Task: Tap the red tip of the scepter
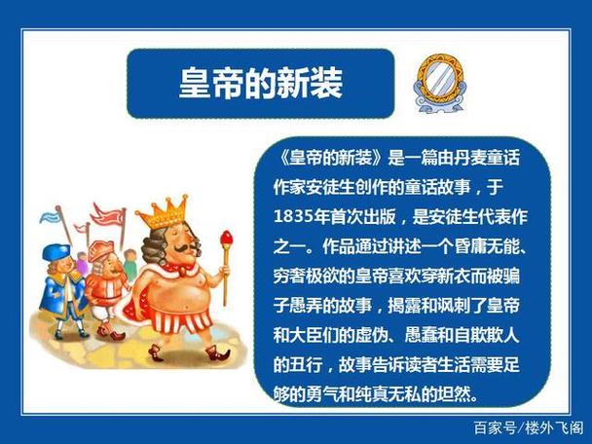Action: click(x=227, y=237)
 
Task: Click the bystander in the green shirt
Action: click(x=130, y=261)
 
